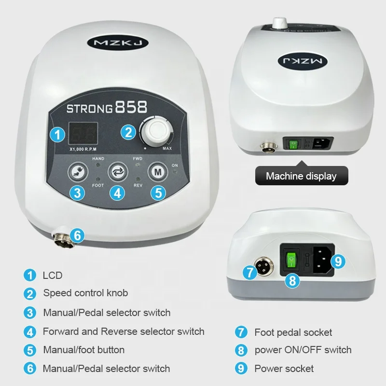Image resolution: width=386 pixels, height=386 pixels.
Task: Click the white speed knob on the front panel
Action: pos(156,131)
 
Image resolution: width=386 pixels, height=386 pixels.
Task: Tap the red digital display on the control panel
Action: pos(83,133)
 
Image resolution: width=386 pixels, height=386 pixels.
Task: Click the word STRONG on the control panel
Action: pos(90,107)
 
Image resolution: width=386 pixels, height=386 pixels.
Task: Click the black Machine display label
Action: pos(301,176)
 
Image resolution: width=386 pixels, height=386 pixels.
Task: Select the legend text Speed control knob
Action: pos(85,293)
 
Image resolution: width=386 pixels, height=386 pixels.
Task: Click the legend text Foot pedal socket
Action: pos(293,332)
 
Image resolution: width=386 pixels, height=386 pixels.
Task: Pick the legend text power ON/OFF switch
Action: pos(303,350)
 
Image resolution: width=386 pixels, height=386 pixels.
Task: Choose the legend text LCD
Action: pos(53,276)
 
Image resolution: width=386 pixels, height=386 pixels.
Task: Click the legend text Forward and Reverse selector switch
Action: pos(124,331)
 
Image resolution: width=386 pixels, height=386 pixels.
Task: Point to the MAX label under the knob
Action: pos(167,148)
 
